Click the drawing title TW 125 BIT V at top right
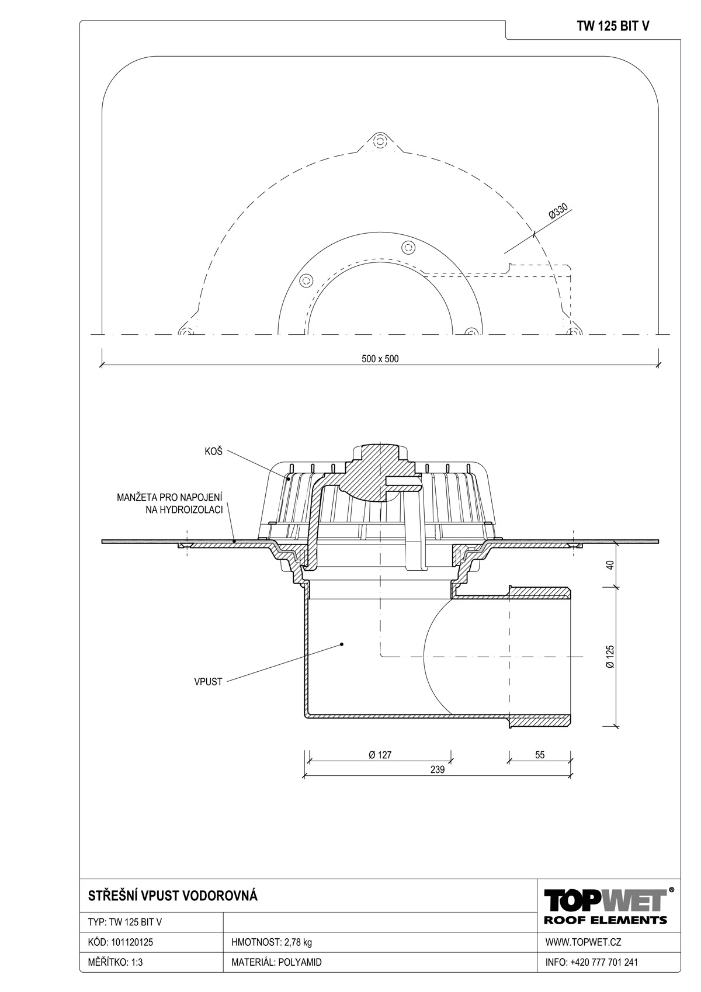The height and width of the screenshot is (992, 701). coord(613,27)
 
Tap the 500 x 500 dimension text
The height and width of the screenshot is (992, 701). coord(380,359)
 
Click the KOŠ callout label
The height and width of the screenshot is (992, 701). coord(213,452)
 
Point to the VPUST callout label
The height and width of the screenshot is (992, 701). coord(208,682)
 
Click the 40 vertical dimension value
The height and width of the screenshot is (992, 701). coord(610,565)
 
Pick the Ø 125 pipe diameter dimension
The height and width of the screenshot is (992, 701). coord(610,656)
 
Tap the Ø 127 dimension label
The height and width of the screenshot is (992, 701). coord(380,755)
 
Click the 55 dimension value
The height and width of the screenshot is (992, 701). coord(539,755)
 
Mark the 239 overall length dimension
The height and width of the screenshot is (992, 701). coord(437,769)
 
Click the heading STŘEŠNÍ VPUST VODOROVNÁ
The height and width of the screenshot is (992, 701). coord(173,896)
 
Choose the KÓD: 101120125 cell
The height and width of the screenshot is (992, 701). coord(120,942)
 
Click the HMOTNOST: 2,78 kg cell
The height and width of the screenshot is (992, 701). coord(272,942)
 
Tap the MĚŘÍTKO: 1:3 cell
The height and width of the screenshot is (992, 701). coord(115,962)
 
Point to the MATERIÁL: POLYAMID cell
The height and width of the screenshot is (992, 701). coord(276,962)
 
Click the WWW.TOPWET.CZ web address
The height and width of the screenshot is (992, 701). coord(583,942)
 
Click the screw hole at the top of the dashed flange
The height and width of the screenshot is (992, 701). coord(379,142)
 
